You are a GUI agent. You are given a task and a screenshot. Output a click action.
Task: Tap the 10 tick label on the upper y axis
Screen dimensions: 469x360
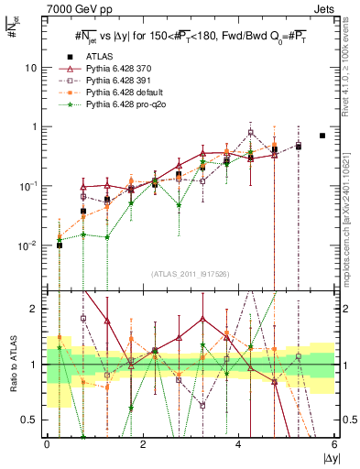click(x=33, y=68)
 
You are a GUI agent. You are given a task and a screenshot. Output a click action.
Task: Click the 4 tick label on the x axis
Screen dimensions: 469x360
click(x=239, y=444)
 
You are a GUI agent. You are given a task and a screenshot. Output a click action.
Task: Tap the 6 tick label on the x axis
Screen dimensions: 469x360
click(x=335, y=444)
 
